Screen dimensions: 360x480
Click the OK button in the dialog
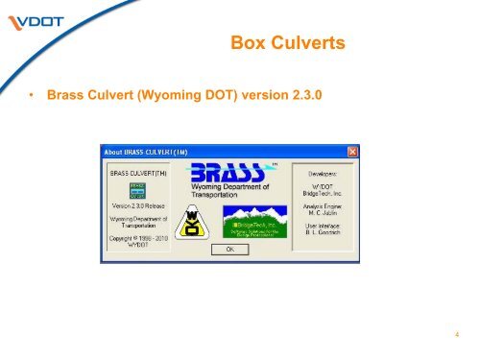point(229,248)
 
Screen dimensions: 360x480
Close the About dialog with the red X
point(352,152)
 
